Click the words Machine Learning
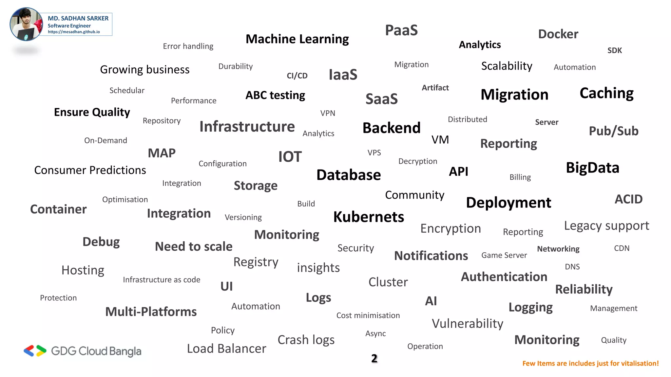click(297, 39)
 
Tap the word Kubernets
click(368, 217)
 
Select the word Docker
click(558, 34)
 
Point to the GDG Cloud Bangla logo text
click(96, 351)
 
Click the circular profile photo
click(26, 24)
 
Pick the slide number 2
click(374, 358)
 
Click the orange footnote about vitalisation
click(590, 364)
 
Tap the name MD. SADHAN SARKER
click(78, 18)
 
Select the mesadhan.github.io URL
click(74, 32)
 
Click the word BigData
click(592, 168)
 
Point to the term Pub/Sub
click(613, 131)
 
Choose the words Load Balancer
click(226, 349)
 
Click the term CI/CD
click(297, 76)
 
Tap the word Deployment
click(508, 203)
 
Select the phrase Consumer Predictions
click(90, 170)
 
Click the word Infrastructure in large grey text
click(247, 127)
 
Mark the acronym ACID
click(628, 199)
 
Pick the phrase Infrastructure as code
click(162, 280)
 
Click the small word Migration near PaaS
click(411, 64)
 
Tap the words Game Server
click(504, 255)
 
